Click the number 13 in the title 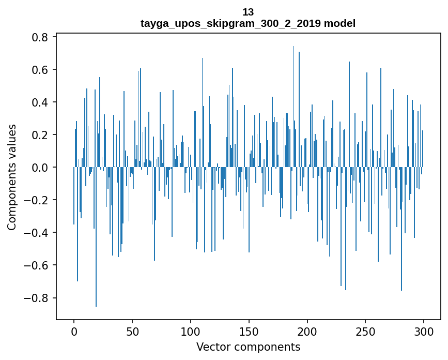(248, 12)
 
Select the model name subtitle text (248, 24)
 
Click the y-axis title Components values (12, 177)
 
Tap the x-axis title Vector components (248, 347)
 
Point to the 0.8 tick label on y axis (40, 37)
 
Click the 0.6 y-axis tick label (40, 70)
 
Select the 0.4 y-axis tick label (40, 102)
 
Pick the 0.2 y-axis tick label (40, 135)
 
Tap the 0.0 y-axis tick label (40, 168)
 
